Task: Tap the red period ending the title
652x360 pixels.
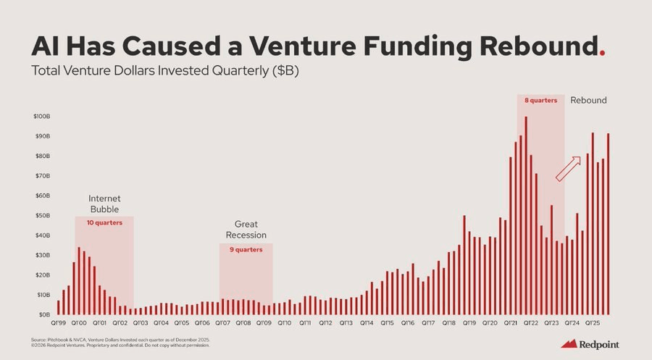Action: (603, 53)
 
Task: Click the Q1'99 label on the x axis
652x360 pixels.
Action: (58, 323)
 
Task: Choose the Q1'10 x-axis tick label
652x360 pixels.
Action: (284, 323)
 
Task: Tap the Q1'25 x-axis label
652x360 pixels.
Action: (593, 323)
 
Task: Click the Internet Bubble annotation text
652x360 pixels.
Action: (104, 204)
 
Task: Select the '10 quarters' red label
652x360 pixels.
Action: (104, 222)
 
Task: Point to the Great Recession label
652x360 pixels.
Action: (246, 230)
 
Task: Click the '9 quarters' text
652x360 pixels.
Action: (246, 249)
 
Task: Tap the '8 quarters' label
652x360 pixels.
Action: (540, 101)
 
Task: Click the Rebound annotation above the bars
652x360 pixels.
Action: (588, 100)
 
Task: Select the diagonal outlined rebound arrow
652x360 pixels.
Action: (568, 168)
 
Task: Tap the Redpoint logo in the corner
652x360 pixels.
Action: (590, 344)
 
